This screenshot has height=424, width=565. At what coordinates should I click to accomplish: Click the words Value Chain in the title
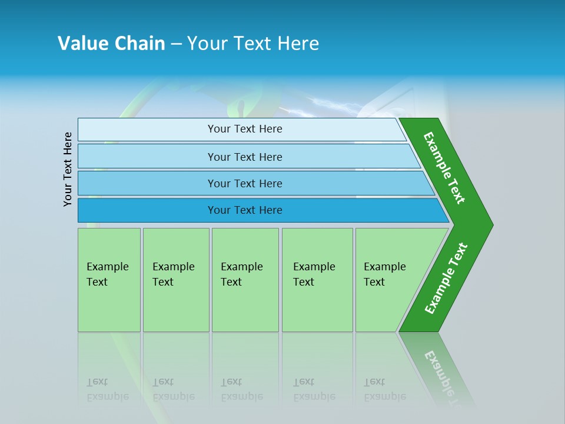(x=111, y=44)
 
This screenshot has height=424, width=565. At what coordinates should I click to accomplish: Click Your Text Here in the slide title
(x=253, y=44)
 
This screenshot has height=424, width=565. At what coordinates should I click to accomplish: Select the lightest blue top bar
(x=147, y=130)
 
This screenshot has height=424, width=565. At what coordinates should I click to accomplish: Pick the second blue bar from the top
(x=147, y=157)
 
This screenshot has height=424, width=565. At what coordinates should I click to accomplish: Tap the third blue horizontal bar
(x=147, y=183)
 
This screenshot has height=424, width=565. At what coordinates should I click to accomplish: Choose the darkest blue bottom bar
(x=147, y=210)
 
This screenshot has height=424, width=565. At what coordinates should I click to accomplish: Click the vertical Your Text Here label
(x=68, y=169)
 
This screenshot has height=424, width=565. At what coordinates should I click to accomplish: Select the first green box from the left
(x=109, y=280)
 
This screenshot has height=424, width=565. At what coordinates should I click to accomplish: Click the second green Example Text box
(x=175, y=280)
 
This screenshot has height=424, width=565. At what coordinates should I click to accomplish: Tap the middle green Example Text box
(x=245, y=280)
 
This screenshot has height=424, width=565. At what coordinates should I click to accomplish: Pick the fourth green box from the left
(x=317, y=280)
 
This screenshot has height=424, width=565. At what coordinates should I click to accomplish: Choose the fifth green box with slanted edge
(x=388, y=280)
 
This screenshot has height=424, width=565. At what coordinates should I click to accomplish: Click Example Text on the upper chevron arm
(x=444, y=168)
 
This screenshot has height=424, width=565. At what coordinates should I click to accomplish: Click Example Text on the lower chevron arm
(x=446, y=279)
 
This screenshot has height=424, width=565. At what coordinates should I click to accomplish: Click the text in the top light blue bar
(x=245, y=129)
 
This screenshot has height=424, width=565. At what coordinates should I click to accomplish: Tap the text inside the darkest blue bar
(x=245, y=210)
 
